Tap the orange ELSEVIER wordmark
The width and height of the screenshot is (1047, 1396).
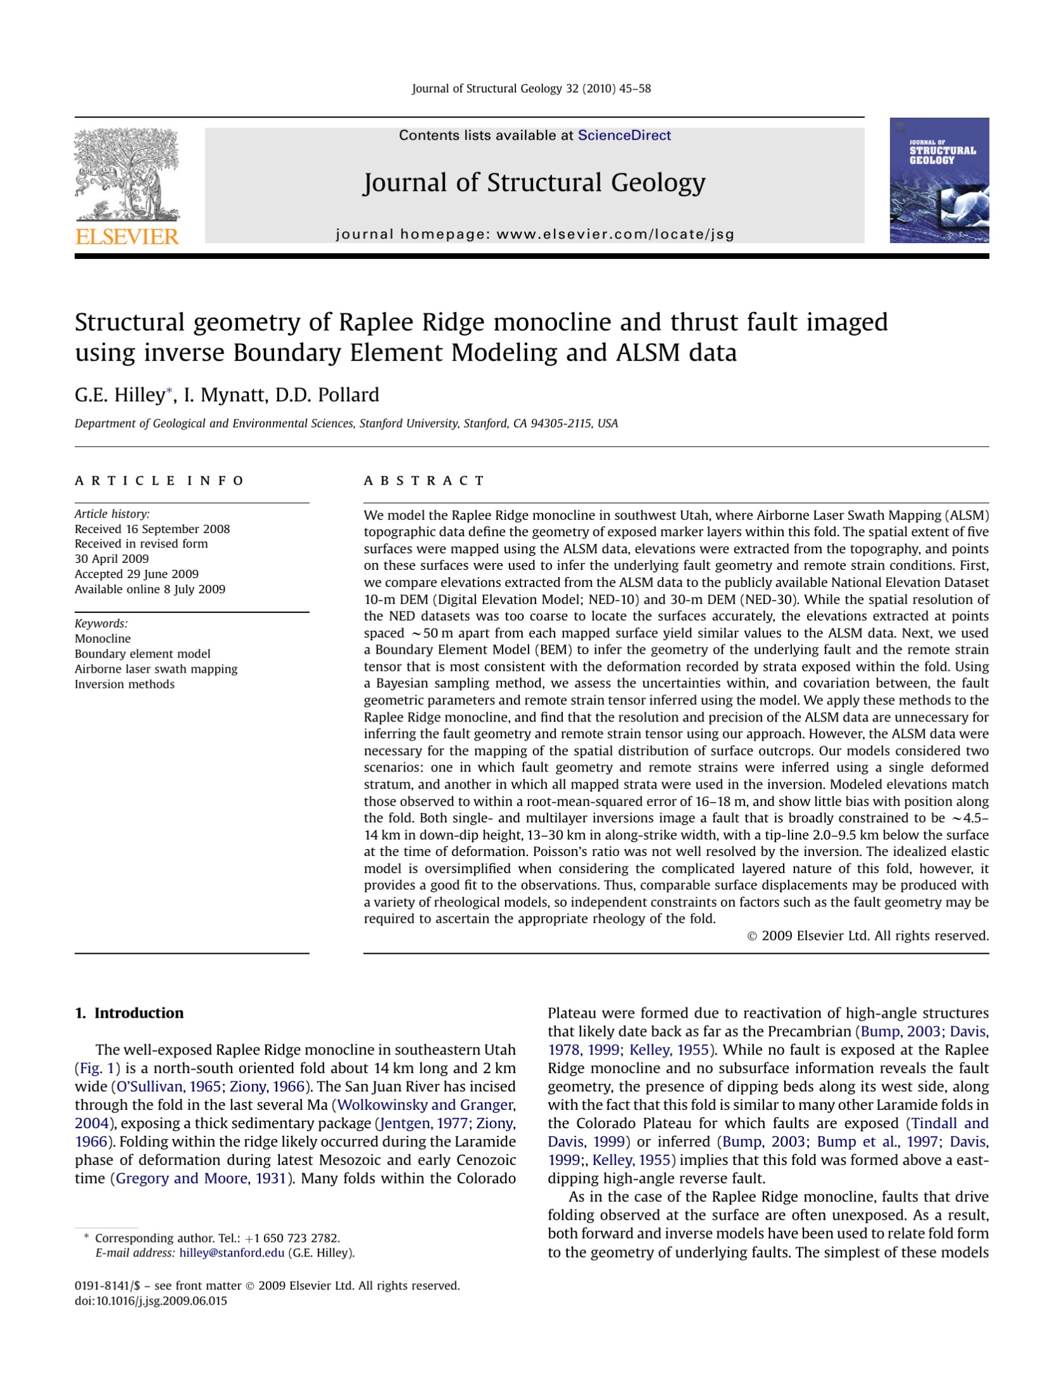coord(127,237)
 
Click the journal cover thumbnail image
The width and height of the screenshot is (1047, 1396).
coord(938,180)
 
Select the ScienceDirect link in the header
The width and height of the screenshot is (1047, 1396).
coord(624,135)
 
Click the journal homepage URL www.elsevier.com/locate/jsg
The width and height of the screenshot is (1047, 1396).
coord(615,234)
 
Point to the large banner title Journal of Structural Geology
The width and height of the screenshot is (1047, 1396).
coord(534,183)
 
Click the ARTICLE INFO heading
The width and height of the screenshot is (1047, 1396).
coord(159,480)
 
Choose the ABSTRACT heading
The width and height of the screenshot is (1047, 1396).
coord(424,480)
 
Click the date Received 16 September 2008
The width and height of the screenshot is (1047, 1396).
coord(152,529)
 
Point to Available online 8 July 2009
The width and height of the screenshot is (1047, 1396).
coord(150,589)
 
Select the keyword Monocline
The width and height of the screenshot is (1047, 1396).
coord(103,638)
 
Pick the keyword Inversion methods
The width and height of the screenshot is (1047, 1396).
coord(124,684)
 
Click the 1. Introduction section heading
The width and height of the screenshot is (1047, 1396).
coord(129,1013)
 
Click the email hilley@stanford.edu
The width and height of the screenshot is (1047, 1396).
coord(232,1253)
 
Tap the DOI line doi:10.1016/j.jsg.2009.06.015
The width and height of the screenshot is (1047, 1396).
coord(151,1301)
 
